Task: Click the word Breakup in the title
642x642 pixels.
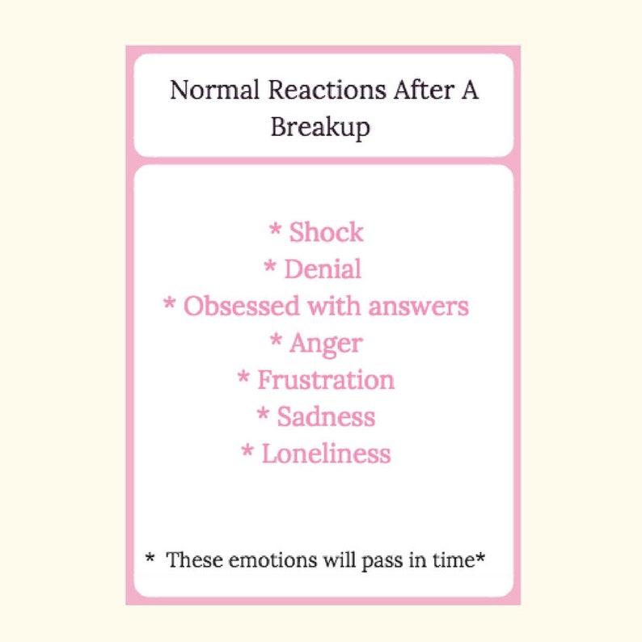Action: pyautogui.click(x=320, y=128)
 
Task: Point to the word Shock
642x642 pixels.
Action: pyautogui.click(x=327, y=233)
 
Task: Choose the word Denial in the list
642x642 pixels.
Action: pyautogui.click(x=323, y=269)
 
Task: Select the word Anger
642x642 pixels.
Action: pyautogui.click(x=326, y=343)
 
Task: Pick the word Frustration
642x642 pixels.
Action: pyautogui.click(x=326, y=379)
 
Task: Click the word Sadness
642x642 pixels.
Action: pyautogui.click(x=326, y=416)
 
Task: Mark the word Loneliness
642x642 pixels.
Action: pyautogui.click(x=326, y=453)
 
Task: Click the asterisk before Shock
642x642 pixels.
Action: pyautogui.click(x=275, y=230)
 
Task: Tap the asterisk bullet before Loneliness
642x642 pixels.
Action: pyautogui.click(x=247, y=450)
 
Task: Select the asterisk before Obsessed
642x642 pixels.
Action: pyautogui.click(x=170, y=304)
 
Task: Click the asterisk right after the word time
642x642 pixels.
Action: pyautogui.click(x=480, y=557)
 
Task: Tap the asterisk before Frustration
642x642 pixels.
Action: pyautogui.click(x=243, y=377)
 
